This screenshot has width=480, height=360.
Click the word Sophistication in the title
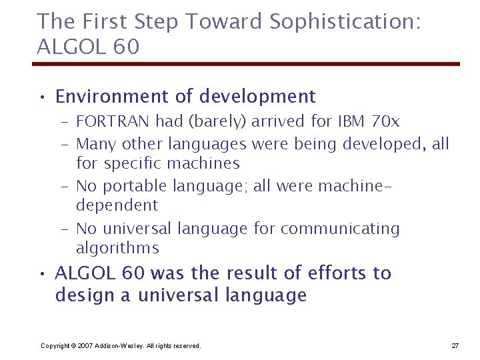pyautogui.click(x=345, y=22)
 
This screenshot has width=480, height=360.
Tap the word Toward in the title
pyautogui.click(x=225, y=22)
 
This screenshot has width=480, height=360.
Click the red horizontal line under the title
pyautogui.click(x=246, y=64)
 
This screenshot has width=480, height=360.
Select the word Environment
pyautogui.click(x=113, y=97)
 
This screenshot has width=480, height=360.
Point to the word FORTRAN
pyautogui.click(x=113, y=121)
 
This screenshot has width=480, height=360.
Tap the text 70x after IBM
pyautogui.click(x=385, y=121)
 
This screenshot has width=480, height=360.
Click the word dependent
pyautogui.click(x=117, y=205)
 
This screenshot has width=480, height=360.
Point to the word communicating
pyautogui.click(x=340, y=229)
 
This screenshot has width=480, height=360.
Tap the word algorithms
pyautogui.click(x=117, y=249)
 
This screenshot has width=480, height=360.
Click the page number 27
pyautogui.click(x=455, y=345)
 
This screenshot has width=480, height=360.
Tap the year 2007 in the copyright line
pyautogui.click(x=85, y=345)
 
